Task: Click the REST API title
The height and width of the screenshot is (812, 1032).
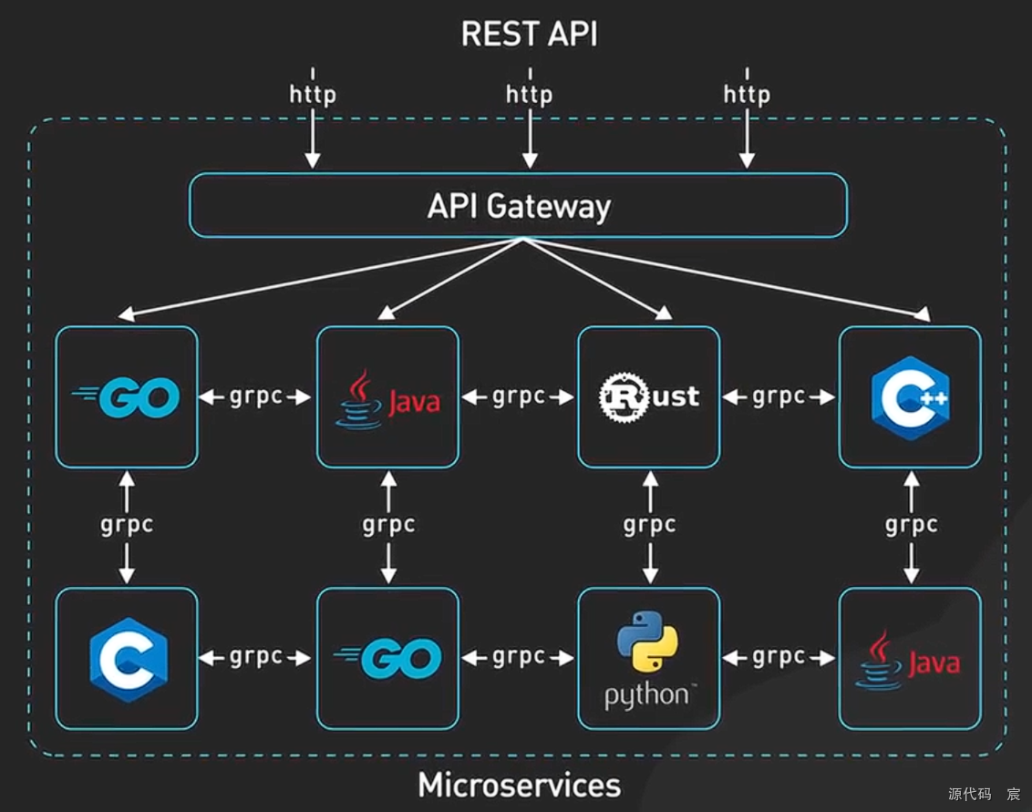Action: click(529, 34)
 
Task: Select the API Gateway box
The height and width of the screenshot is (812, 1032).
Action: click(518, 205)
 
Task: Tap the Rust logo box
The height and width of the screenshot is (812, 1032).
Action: click(649, 396)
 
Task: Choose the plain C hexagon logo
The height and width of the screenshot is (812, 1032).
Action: click(129, 659)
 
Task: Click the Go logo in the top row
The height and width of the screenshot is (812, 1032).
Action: click(126, 396)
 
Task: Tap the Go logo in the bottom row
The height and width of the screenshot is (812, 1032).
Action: click(387, 658)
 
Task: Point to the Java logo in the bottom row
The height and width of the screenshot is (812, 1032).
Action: click(908, 660)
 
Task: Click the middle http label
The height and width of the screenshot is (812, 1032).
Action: click(529, 94)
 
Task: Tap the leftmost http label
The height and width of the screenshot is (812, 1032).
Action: click(313, 94)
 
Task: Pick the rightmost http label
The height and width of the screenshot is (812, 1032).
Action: click(747, 94)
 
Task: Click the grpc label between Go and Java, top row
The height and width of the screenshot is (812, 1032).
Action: click(256, 396)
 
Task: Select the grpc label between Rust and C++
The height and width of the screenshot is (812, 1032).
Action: click(779, 396)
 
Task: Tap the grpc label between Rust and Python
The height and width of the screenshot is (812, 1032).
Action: click(650, 524)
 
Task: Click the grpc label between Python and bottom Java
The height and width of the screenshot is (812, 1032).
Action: click(779, 657)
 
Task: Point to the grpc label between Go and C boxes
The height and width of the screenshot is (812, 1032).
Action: click(127, 524)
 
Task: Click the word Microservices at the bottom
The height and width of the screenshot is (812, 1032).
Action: click(520, 785)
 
